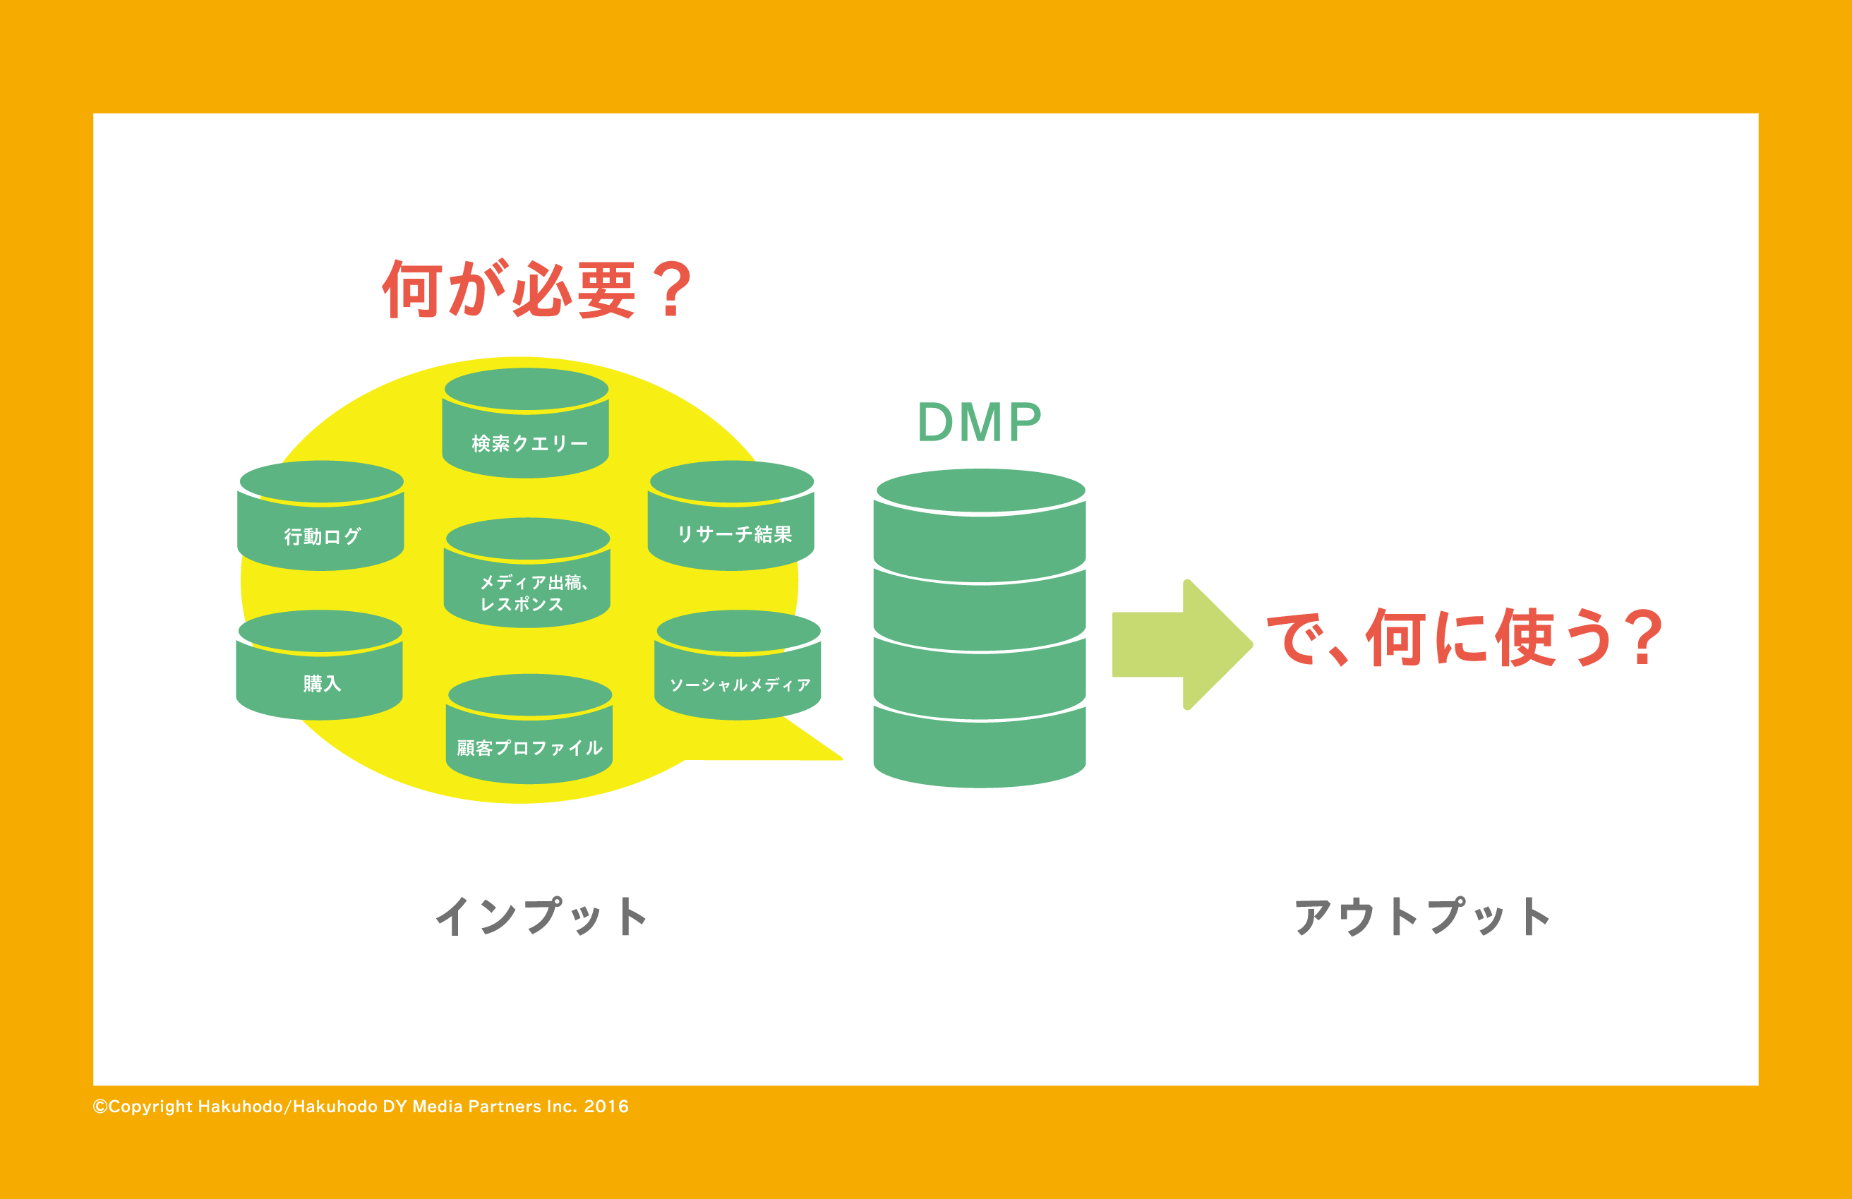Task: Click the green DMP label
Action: pyautogui.click(x=979, y=423)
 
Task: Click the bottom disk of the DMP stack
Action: pyautogui.click(x=980, y=747)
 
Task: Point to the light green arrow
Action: pyautogui.click(x=1183, y=644)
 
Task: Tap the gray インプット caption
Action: pyautogui.click(x=541, y=916)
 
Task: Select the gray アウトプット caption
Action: pyautogui.click(x=1421, y=916)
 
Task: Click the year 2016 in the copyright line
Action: pyautogui.click(x=606, y=1107)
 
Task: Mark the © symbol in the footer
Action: pyautogui.click(x=100, y=1107)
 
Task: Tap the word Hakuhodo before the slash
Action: pyautogui.click(x=240, y=1107)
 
